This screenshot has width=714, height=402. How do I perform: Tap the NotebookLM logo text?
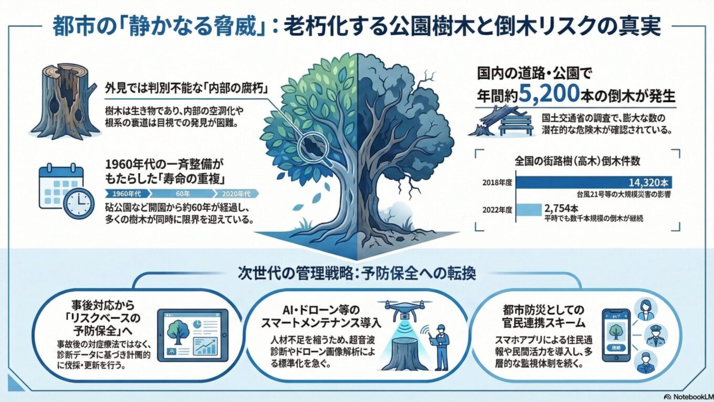click(687, 396)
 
